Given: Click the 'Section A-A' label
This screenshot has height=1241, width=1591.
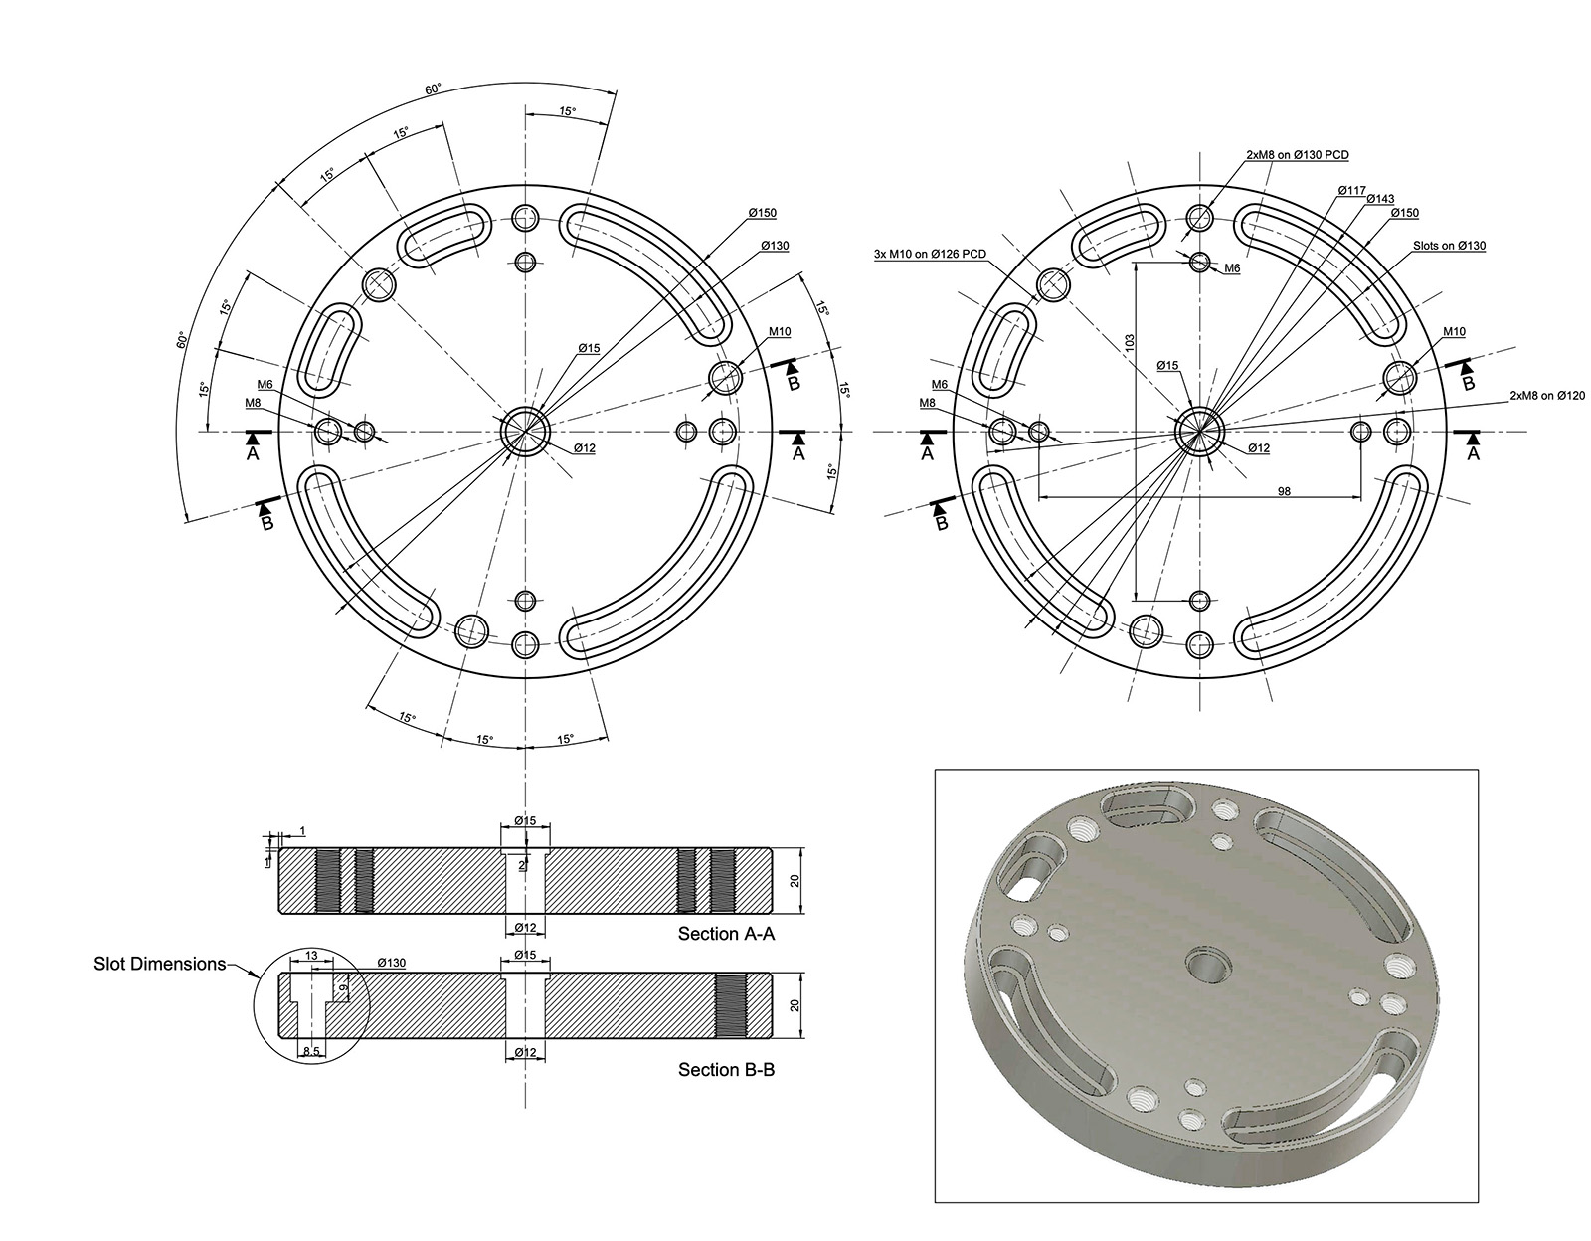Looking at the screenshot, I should click(726, 934).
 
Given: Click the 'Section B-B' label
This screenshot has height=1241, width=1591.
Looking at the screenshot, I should click(726, 1070).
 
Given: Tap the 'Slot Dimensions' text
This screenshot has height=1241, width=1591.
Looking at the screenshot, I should click(159, 964).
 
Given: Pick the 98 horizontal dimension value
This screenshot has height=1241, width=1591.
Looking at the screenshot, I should click(1284, 491).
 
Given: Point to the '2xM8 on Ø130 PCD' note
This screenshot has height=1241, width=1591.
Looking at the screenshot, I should click(1297, 155).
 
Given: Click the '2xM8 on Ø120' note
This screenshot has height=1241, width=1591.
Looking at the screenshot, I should click(1547, 396).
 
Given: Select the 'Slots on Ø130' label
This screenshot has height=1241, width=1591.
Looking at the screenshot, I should click(1449, 246).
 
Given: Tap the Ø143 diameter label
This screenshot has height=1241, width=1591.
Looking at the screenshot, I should click(1380, 199).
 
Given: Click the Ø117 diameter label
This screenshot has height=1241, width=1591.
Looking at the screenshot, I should click(1351, 189).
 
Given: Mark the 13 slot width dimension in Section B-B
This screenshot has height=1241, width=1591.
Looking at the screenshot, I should click(311, 956).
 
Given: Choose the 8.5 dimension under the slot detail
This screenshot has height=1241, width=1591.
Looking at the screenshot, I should click(310, 1051).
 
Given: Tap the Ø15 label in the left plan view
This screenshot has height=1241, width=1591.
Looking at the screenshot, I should click(589, 348).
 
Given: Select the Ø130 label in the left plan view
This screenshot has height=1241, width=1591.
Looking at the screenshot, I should click(775, 245).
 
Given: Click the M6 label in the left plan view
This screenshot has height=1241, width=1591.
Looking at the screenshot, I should click(265, 384).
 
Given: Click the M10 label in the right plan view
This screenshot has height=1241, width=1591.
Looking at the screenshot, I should click(1453, 332).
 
